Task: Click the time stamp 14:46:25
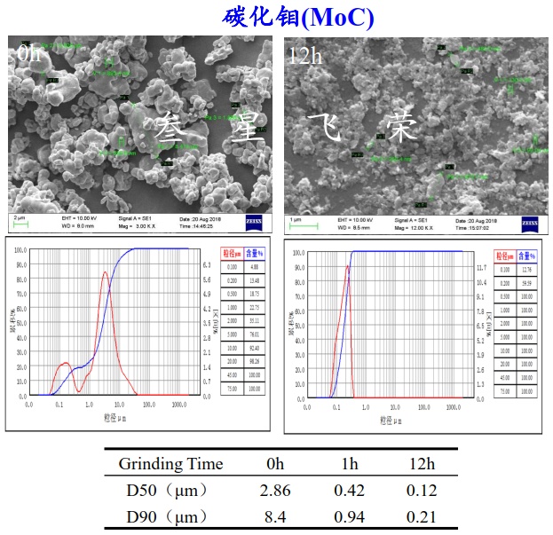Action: [x=199, y=226]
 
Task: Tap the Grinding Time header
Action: [x=170, y=464]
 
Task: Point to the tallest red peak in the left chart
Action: [x=106, y=272]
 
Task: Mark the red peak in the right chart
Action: [x=347, y=264]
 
